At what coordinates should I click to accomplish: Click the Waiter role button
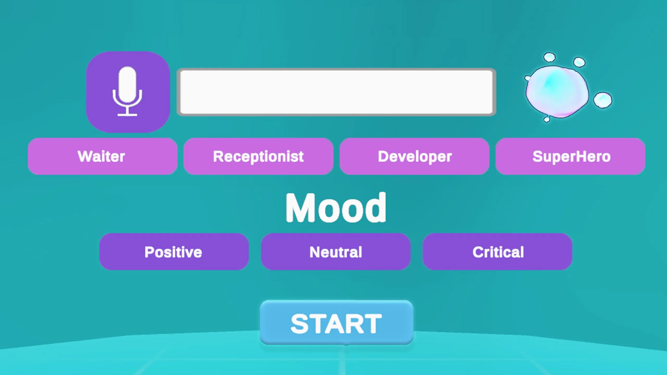(x=103, y=156)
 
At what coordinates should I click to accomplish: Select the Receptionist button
(x=258, y=156)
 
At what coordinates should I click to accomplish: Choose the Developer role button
(x=415, y=156)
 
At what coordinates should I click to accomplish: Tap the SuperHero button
(x=570, y=156)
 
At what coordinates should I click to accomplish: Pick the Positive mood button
(x=174, y=252)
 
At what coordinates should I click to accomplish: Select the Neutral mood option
(x=336, y=252)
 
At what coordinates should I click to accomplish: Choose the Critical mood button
(x=497, y=252)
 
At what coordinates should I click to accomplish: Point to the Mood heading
(x=336, y=208)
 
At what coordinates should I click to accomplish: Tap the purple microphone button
(x=128, y=92)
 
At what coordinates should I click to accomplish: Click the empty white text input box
(x=336, y=92)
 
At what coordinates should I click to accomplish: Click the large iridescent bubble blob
(x=557, y=92)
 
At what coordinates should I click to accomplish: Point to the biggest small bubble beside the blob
(x=603, y=100)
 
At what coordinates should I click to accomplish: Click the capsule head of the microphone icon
(x=127, y=85)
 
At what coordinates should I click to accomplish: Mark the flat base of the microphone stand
(x=127, y=115)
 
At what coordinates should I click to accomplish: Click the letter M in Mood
(x=300, y=208)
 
